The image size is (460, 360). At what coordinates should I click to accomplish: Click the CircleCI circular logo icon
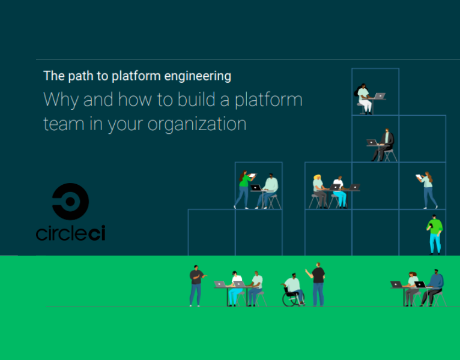[x=70, y=202]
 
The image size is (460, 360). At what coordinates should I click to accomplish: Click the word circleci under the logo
[x=70, y=233]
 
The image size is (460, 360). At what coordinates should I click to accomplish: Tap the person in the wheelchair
[x=292, y=287]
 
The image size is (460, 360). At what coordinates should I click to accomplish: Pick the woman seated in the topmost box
[x=364, y=98]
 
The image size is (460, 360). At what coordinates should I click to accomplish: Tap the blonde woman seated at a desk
[x=318, y=190]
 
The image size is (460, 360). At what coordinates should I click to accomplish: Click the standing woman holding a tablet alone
[x=428, y=188]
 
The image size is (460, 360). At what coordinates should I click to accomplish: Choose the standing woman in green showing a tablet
[x=244, y=188]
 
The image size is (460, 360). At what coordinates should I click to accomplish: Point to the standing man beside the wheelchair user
[x=318, y=283]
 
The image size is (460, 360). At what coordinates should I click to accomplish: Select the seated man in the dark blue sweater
[x=434, y=286]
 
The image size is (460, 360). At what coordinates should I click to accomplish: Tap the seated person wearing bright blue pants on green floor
[x=236, y=287]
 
